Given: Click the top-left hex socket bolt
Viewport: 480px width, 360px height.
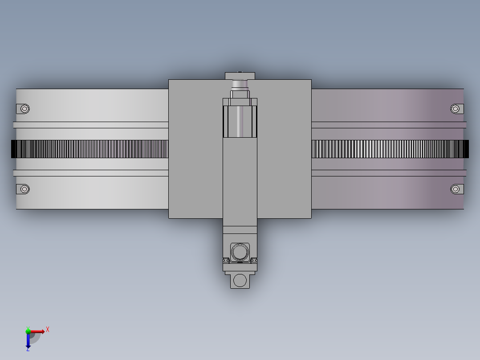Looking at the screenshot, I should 24,109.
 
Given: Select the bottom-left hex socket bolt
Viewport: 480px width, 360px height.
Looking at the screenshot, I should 24,189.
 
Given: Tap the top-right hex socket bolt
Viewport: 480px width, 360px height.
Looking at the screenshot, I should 455,109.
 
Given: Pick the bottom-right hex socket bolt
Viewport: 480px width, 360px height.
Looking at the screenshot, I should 455,189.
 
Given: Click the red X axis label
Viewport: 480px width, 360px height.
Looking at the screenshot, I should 48,329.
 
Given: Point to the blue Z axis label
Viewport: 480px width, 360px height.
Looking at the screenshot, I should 28,349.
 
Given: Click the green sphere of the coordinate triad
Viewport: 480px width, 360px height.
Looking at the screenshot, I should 28,331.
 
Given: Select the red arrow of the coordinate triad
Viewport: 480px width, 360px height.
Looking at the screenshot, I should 38,331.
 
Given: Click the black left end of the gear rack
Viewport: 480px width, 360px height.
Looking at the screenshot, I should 14,149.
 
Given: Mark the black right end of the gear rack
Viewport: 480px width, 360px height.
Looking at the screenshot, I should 466,149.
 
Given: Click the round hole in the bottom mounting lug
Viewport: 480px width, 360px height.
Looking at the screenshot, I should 240,280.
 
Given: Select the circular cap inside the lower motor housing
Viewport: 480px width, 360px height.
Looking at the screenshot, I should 240,252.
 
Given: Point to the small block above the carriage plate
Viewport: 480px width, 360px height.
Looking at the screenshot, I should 240,75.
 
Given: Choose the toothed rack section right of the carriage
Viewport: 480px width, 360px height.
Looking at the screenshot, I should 387,149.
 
